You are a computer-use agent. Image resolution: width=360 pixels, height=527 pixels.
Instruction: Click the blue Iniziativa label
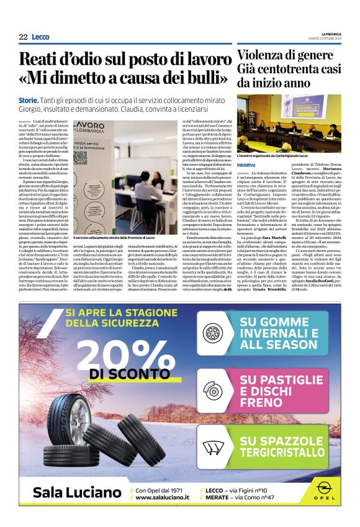point(246,163)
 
